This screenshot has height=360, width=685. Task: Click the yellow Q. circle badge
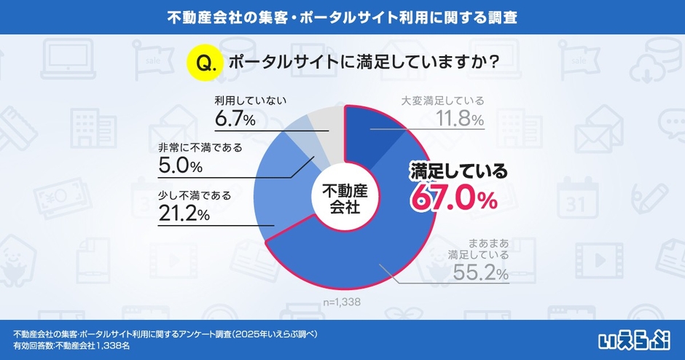(204, 63)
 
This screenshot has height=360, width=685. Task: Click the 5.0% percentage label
(180, 166)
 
